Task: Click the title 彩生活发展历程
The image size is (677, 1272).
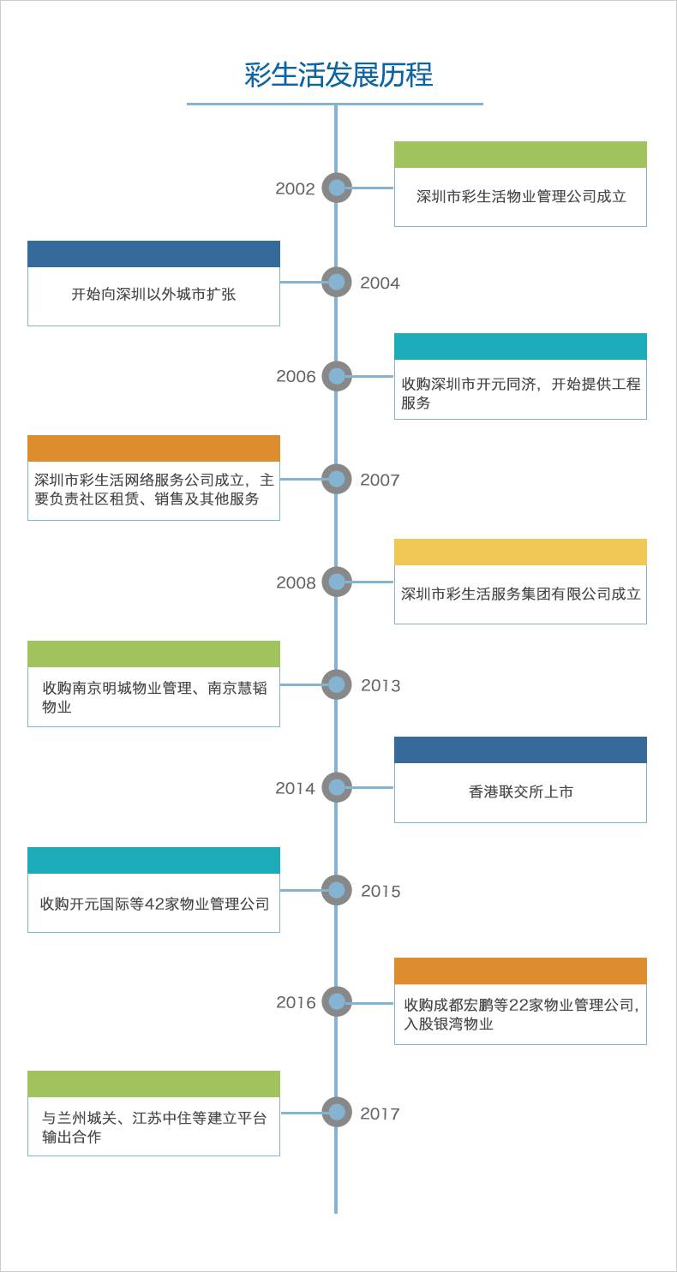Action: pos(338,75)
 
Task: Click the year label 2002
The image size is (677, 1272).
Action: pos(295,189)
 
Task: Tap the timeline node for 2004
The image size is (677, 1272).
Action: pos(337,282)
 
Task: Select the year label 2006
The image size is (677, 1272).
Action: pos(296,377)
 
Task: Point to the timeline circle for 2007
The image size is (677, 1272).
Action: pos(337,479)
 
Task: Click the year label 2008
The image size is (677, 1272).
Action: pos(296,583)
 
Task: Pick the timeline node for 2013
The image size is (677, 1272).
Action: pos(337,684)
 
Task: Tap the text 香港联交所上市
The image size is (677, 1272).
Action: pos(520,792)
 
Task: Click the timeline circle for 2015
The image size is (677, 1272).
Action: pos(337,890)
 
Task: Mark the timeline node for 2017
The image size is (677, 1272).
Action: pos(337,1112)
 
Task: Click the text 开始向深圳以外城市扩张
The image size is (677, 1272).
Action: pos(153,295)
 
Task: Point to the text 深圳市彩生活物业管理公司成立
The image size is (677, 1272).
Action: pos(521,196)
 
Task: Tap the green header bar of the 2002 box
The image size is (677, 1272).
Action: pos(520,155)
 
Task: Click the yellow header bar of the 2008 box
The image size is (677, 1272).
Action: pos(520,552)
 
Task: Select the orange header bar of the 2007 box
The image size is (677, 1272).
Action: pos(153,449)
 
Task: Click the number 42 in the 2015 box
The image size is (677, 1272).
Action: pos(151,904)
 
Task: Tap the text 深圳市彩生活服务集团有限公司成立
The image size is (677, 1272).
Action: pos(521,594)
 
